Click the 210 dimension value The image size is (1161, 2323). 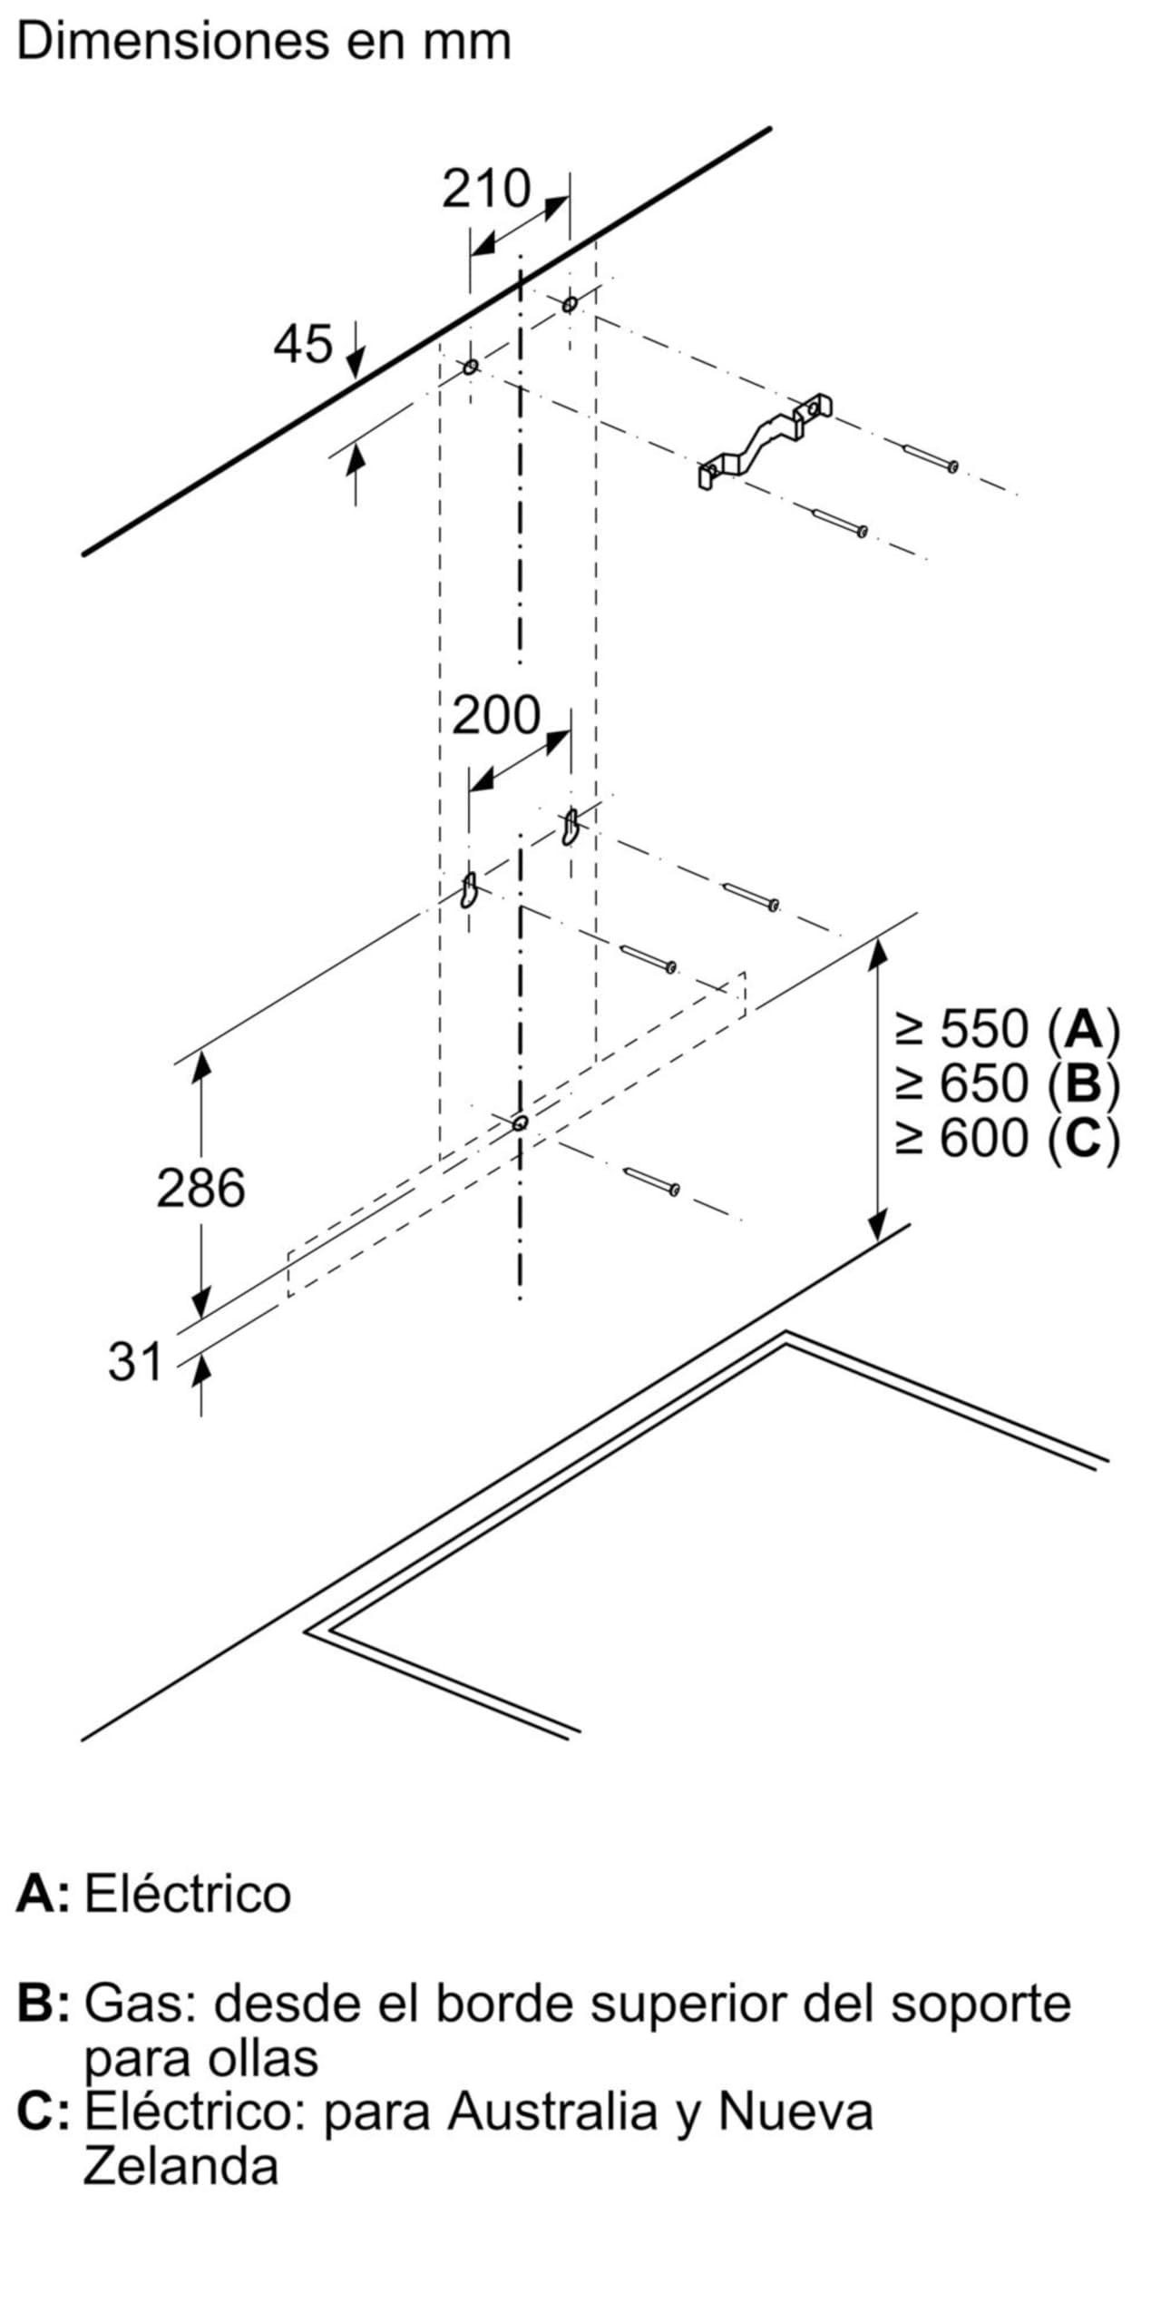(x=486, y=189)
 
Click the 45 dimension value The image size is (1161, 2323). (x=304, y=345)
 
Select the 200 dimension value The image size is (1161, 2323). (x=496, y=715)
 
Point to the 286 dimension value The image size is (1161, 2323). (x=200, y=1188)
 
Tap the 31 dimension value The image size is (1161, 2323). (x=135, y=1362)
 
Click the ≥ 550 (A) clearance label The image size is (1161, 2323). (x=1007, y=1029)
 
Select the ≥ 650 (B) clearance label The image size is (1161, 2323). (x=1007, y=1083)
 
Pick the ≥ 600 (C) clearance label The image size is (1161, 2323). (x=1007, y=1137)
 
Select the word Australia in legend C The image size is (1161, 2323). (x=551, y=2113)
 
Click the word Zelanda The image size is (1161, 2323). (x=180, y=2168)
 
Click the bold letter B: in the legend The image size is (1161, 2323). (x=44, y=2004)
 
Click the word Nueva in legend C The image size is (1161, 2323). (x=795, y=2113)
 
